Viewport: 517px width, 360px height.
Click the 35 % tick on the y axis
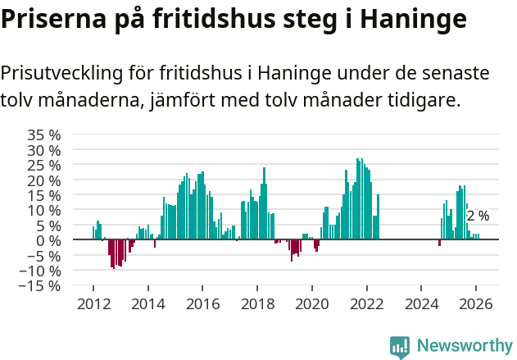pos(44,134)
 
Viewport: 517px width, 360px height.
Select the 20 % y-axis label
pos(44,180)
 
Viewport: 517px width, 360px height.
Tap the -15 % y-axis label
pos(41,285)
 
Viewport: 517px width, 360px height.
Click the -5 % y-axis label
pos(44,255)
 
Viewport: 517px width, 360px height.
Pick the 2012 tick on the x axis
pos(93,303)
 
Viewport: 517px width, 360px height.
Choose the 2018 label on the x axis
pos(257,303)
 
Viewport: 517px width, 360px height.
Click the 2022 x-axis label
pos(366,303)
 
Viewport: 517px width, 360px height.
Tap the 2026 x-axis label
pos(475,303)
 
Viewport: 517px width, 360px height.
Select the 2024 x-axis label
pos(421,303)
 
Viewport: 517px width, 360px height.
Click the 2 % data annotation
pos(478,216)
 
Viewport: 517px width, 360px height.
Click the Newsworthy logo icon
pos(400,347)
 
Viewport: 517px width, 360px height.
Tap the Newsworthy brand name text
pos(465,347)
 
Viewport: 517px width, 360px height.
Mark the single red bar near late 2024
pos(439,243)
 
